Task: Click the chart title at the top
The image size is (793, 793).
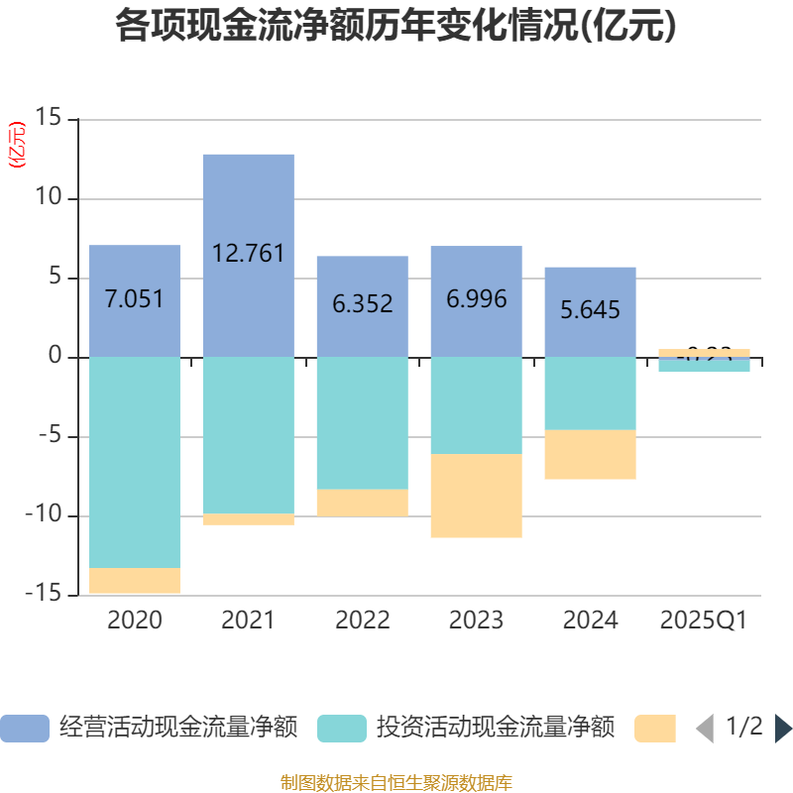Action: pyautogui.click(x=396, y=26)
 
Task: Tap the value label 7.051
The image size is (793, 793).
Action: pyautogui.click(x=134, y=299)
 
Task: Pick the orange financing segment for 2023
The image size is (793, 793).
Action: pyautogui.click(x=476, y=496)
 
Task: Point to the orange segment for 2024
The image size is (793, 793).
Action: pyautogui.click(x=590, y=455)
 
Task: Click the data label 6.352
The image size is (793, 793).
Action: pyautogui.click(x=362, y=304)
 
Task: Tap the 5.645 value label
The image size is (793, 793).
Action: pyautogui.click(x=590, y=310)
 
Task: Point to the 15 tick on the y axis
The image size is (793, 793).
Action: pyautogui.click(x=48, y=119)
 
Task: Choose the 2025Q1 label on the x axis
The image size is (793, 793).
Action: pyautogui.click(x=703, y=621)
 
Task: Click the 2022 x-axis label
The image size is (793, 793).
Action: pyautogui.click(x=362, y=621)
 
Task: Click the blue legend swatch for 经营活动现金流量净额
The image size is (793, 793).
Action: pyautogui.click(x=24, y=728)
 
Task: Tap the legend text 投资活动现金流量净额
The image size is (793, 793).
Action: pyautogui.click(x=495, y=728)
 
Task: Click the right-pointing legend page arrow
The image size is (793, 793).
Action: pyautogui.click(x=783, y=728)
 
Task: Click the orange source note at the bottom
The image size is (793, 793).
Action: pyautogui.click(x=396, y=783)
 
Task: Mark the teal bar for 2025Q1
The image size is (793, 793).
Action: pyautogui.click(x=704, y=366)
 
